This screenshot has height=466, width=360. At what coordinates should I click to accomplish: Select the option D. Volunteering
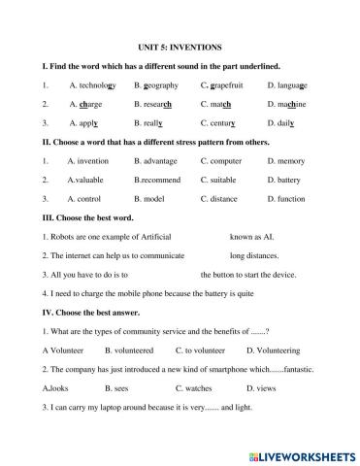(x=277, y=349)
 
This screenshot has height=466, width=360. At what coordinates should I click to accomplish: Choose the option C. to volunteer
(x=201, y=349)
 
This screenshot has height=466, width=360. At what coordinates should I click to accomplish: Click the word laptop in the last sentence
(x=113, y=407)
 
